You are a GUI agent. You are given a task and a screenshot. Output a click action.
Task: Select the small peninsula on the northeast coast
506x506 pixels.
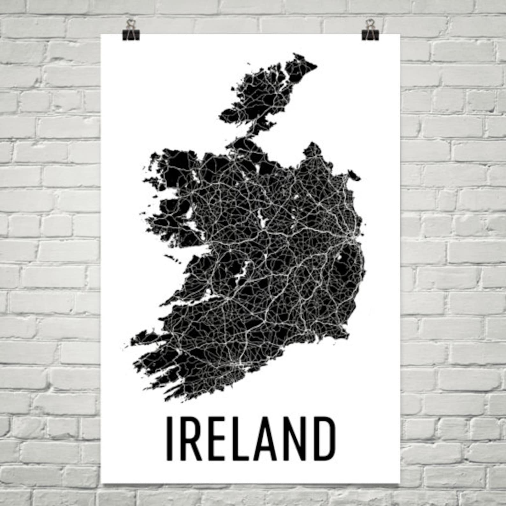[x=354, y=175]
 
